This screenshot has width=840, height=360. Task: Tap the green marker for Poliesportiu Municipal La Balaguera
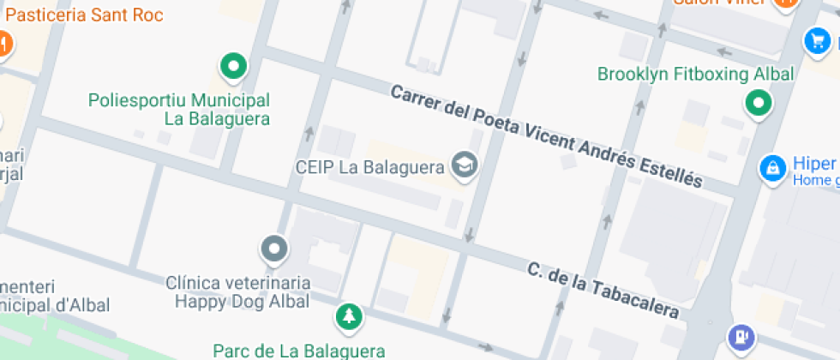pyautogui.click(x=232, y=65)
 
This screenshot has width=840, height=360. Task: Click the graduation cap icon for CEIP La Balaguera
pyautogui.click(x=465, y=165)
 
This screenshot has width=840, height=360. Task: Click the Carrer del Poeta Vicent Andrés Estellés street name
pyautogui.click(x=546, y=136)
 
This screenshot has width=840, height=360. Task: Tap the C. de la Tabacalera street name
pyautogui.click(x=603, y=291)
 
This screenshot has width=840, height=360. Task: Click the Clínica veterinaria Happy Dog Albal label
pyautogui.click(x=238, y=291)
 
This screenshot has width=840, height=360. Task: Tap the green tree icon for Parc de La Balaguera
pyautogui.click(x=349, y=316)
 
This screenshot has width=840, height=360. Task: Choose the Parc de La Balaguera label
pyautogui.click(x=299, y=351)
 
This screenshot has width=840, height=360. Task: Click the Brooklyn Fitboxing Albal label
pyautogui.click(x=695, y=74)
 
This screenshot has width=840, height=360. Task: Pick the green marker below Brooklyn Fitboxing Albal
pyautogui.click(x=758, y=105)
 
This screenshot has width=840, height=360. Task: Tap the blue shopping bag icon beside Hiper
pyautogui.click(x=773, y=167)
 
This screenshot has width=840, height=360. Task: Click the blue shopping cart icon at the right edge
pyautogui.click(x=817, y=40)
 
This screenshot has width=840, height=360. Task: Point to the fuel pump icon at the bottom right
pyautogui.click(x=741, y=336)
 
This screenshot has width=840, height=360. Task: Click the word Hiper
pyautogui.click(x=813, y=164)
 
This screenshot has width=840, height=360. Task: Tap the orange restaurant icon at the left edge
pyautogui.click(x=3, y=42)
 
